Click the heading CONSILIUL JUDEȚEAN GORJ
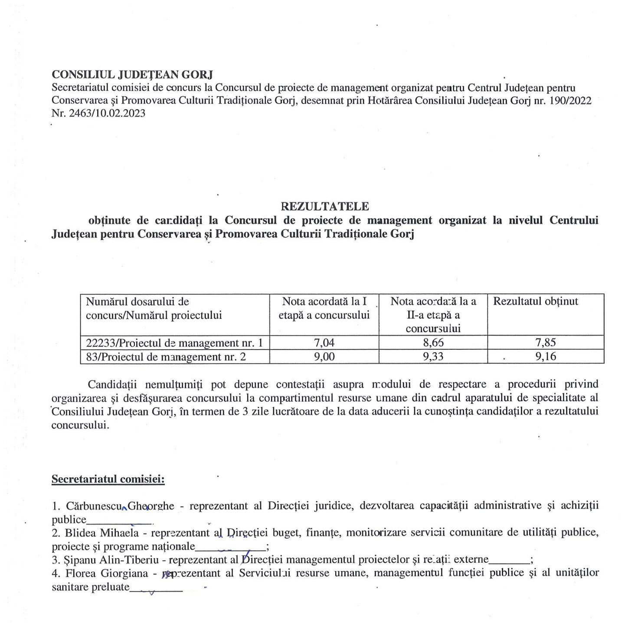coord(132,75)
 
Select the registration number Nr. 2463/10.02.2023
coord(98,114)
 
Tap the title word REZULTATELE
coord(325,206)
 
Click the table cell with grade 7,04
coord(324,343)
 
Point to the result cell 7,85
coord(546,343)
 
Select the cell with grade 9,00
coord(324,357)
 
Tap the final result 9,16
coord(546,357)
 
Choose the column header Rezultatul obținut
coord(536,302)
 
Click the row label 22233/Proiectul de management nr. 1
coord(174,343)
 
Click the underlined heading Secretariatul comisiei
coord(108,479)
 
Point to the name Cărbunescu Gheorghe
coord(120,506)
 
